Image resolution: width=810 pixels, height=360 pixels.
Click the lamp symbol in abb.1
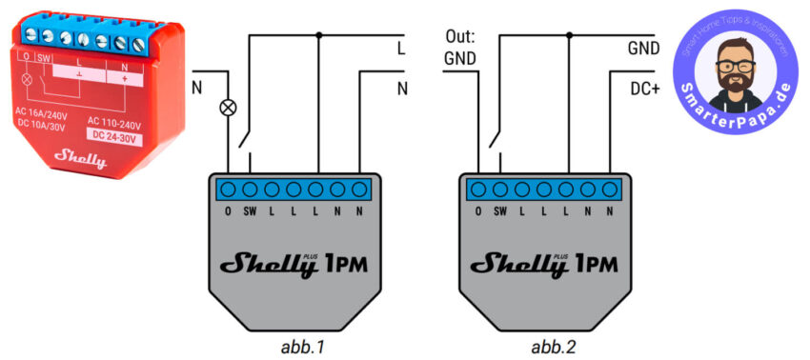pyautogui.click(x=228, y=108)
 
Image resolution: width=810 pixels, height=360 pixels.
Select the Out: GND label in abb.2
pyautogui.click(x=458, y=47)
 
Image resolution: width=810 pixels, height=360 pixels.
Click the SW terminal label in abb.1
pyautogui.click(x=250, y=210)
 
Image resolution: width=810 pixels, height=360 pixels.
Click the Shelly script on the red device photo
pyautogui.click(x=80, y=156)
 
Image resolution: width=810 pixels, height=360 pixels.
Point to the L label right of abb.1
pyautogui.click(x=401, y=46)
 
